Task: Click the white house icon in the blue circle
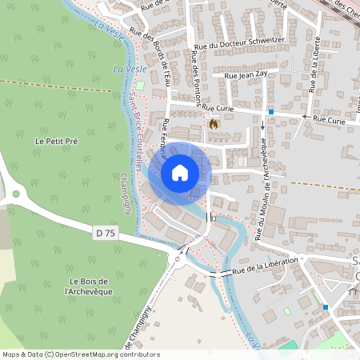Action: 180,172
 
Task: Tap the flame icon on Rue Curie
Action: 213,124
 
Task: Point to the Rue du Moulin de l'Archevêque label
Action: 261,188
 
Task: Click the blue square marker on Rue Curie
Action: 271,112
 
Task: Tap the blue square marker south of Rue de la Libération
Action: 326,306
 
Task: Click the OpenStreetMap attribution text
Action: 80,354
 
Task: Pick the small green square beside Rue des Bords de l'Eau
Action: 141,85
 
